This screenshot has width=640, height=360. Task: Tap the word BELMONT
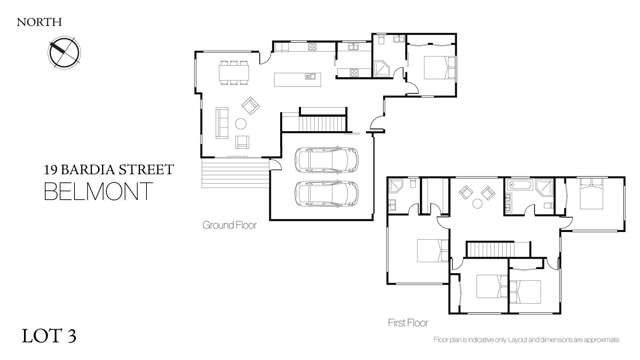pyautogui.click(x=99, y=191)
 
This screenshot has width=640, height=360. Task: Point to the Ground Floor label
pyautogui.click(x=229, y=225)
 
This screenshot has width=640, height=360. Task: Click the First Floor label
pyautogui.click(x=410, y=324)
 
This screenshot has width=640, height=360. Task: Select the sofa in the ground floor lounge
pyautogui.click(x=220, y=123)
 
